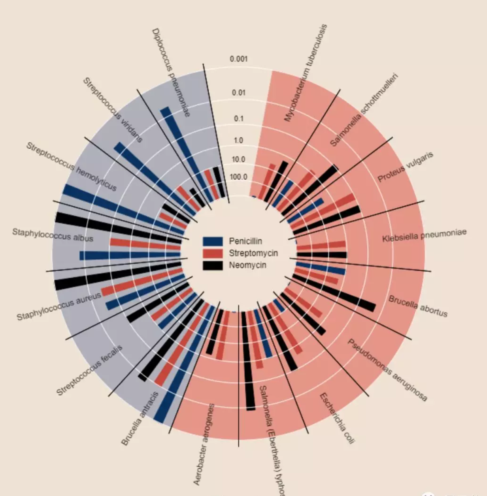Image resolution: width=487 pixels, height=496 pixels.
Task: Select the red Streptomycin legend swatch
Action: [213, 253]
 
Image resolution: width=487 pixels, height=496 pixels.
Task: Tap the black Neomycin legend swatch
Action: [213, 265]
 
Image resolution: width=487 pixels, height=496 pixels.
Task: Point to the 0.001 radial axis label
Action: [239, 59]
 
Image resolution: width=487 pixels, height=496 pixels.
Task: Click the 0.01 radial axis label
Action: [239, 93]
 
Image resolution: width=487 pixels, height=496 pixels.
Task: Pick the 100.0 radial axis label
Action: [239, 177]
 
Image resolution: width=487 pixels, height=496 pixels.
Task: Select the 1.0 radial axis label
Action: [239, 141]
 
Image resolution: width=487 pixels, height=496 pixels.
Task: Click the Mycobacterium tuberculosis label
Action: [306, 73]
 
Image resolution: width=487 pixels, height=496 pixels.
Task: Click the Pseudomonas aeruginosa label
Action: [387, 370]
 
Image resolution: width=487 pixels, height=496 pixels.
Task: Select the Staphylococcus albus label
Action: [53, 235]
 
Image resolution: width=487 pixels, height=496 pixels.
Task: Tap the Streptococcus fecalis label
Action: [89, 370]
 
